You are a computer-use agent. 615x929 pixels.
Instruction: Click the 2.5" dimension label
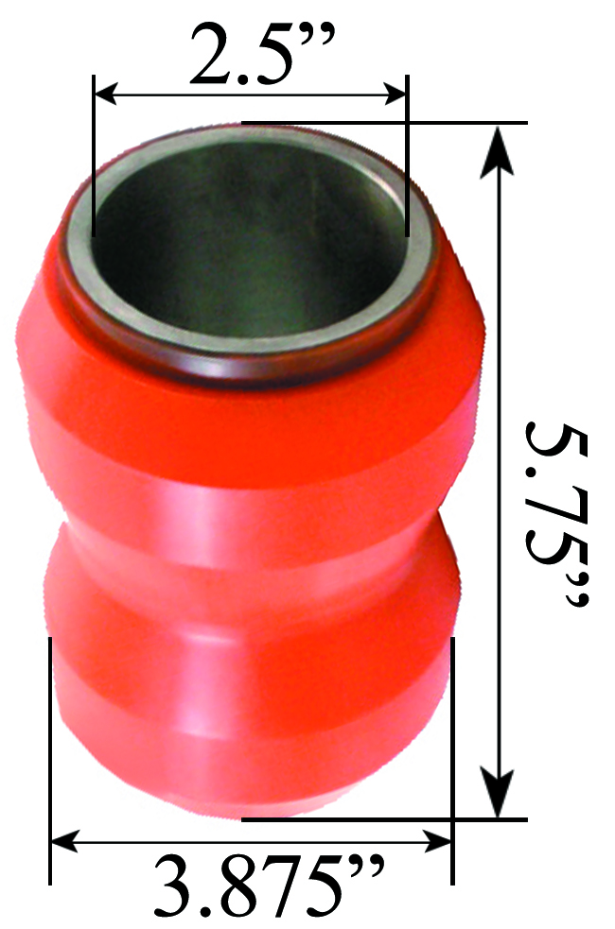point(251,57)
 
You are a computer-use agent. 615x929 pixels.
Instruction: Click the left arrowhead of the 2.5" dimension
point(104,94)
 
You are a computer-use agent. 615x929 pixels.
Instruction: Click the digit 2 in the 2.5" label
point(210,57)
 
